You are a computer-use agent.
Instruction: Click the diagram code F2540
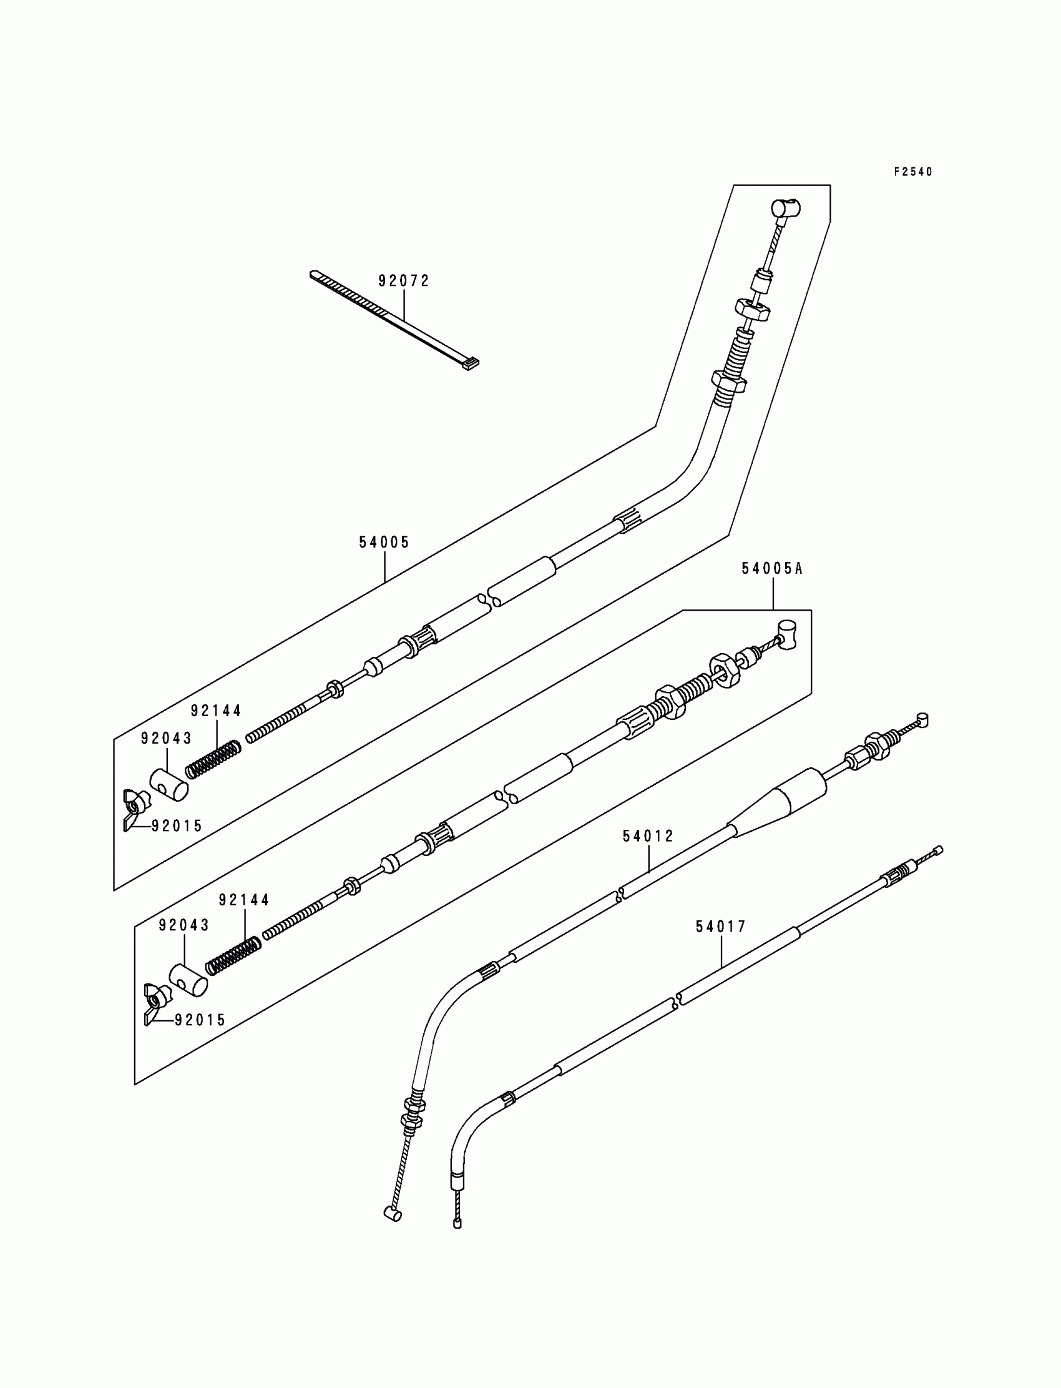click(x=912, y=172)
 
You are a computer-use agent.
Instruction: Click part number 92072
click(x=404, y=280)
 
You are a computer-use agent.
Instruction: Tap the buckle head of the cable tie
click(x=471, y=364)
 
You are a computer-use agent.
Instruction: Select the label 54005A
click(x=772, y=569)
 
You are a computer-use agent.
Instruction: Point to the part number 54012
click(x=648, y=836)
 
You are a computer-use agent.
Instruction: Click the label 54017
click(x=721, y=926)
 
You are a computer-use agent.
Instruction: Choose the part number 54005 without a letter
click(x=384, y=542)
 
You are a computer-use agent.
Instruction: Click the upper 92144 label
click(x=216, y=711)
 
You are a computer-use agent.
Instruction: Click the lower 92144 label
click(x=245, y=900)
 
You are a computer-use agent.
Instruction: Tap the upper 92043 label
click(x=166, y=738)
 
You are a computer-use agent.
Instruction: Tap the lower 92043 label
click(x=183, y=925)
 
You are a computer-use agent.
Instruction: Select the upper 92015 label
click(x=177, y=825)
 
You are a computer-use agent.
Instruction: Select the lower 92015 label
click(x=200, y=1020)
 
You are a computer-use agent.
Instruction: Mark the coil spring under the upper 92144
click(x=213, y=759)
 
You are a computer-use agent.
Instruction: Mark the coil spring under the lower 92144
click(x=233, y=953)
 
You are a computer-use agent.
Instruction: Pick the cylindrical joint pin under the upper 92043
click(x=169, y=784)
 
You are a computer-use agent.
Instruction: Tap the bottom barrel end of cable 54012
click(x=393, y=1213)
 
